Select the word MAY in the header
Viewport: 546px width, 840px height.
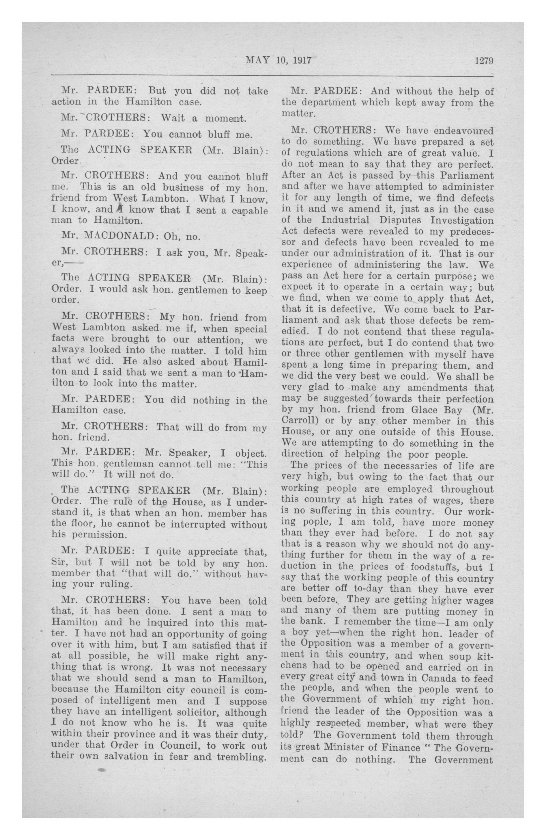tap(257, 60)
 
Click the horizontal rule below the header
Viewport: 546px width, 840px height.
tap(272, 75)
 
